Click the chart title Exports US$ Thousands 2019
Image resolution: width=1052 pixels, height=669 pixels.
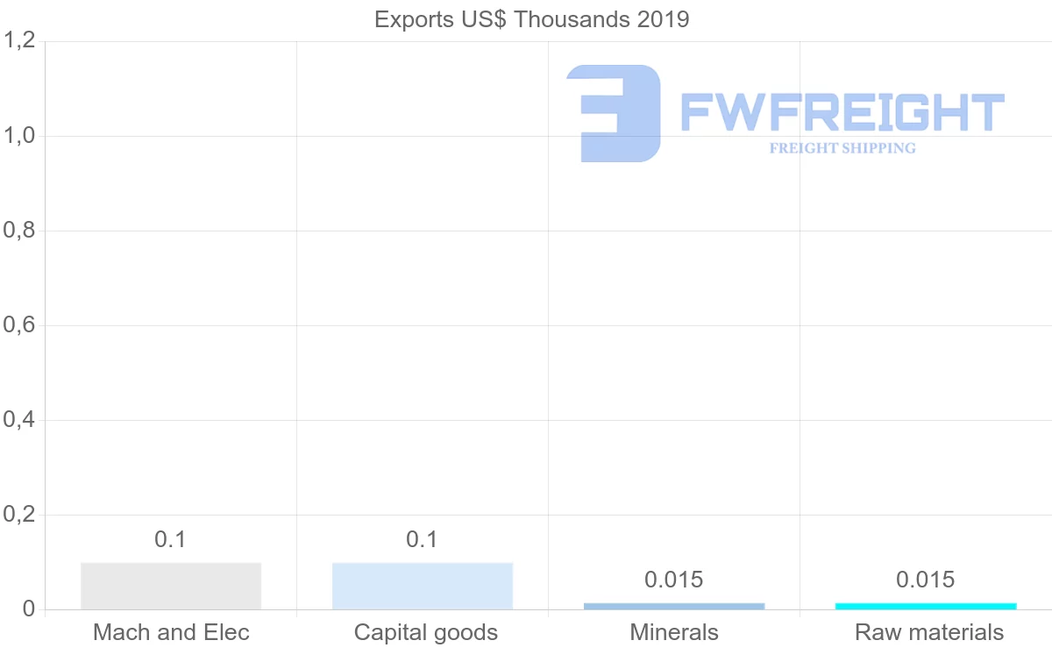coord(532,19)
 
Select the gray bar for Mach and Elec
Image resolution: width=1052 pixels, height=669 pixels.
coord(171,586)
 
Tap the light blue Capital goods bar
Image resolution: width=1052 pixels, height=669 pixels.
coord(423,586)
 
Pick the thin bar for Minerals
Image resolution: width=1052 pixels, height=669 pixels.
coord(674,606)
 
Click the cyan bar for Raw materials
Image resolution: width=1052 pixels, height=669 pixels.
coord(926,606)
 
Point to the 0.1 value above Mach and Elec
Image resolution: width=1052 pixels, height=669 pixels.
coord(171,539)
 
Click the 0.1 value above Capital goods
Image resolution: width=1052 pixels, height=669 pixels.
coord(423,539)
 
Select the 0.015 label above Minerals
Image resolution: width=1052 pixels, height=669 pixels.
coord(674,580)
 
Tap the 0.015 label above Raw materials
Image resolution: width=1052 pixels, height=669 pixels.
coord(926,580)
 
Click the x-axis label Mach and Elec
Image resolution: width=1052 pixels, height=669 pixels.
coord(171,632)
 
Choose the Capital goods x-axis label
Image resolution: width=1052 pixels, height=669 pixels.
coord(426,632)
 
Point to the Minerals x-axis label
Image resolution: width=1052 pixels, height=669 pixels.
coord(674,632)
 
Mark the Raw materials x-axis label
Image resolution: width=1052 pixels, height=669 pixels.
coord(929,632)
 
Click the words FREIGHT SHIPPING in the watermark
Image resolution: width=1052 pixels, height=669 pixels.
coord(842,148)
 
